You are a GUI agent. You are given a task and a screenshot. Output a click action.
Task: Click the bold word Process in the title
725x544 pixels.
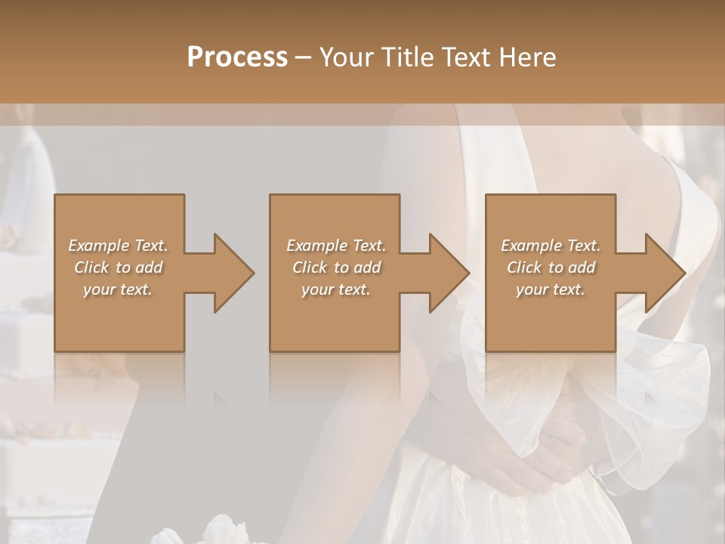click(237, 57)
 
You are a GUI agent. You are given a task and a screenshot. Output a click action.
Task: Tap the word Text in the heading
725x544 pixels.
click(465, 57)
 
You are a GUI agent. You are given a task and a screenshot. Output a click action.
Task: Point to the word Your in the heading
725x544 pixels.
click(347, 57)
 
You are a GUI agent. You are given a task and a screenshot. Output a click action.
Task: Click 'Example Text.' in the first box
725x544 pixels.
click(118, 246)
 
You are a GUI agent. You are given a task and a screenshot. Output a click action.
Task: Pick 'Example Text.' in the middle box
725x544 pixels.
click(336, 246)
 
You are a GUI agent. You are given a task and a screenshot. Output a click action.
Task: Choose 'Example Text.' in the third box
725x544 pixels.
click(551, 246)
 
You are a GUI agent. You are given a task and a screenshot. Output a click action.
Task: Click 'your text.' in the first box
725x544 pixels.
click(118, 289)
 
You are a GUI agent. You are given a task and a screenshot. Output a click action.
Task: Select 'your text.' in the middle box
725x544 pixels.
click(336, 289)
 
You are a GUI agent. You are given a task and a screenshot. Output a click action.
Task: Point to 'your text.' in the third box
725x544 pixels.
click(551, 289)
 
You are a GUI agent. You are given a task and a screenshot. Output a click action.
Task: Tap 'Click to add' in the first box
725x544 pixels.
click(118, 267)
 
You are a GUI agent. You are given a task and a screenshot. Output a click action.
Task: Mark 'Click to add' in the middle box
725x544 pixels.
click(336, 267)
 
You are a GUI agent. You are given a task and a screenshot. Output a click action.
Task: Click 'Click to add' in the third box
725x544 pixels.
click(551, 267)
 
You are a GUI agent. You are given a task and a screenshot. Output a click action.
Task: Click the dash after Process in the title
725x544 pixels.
click(303, 58)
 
